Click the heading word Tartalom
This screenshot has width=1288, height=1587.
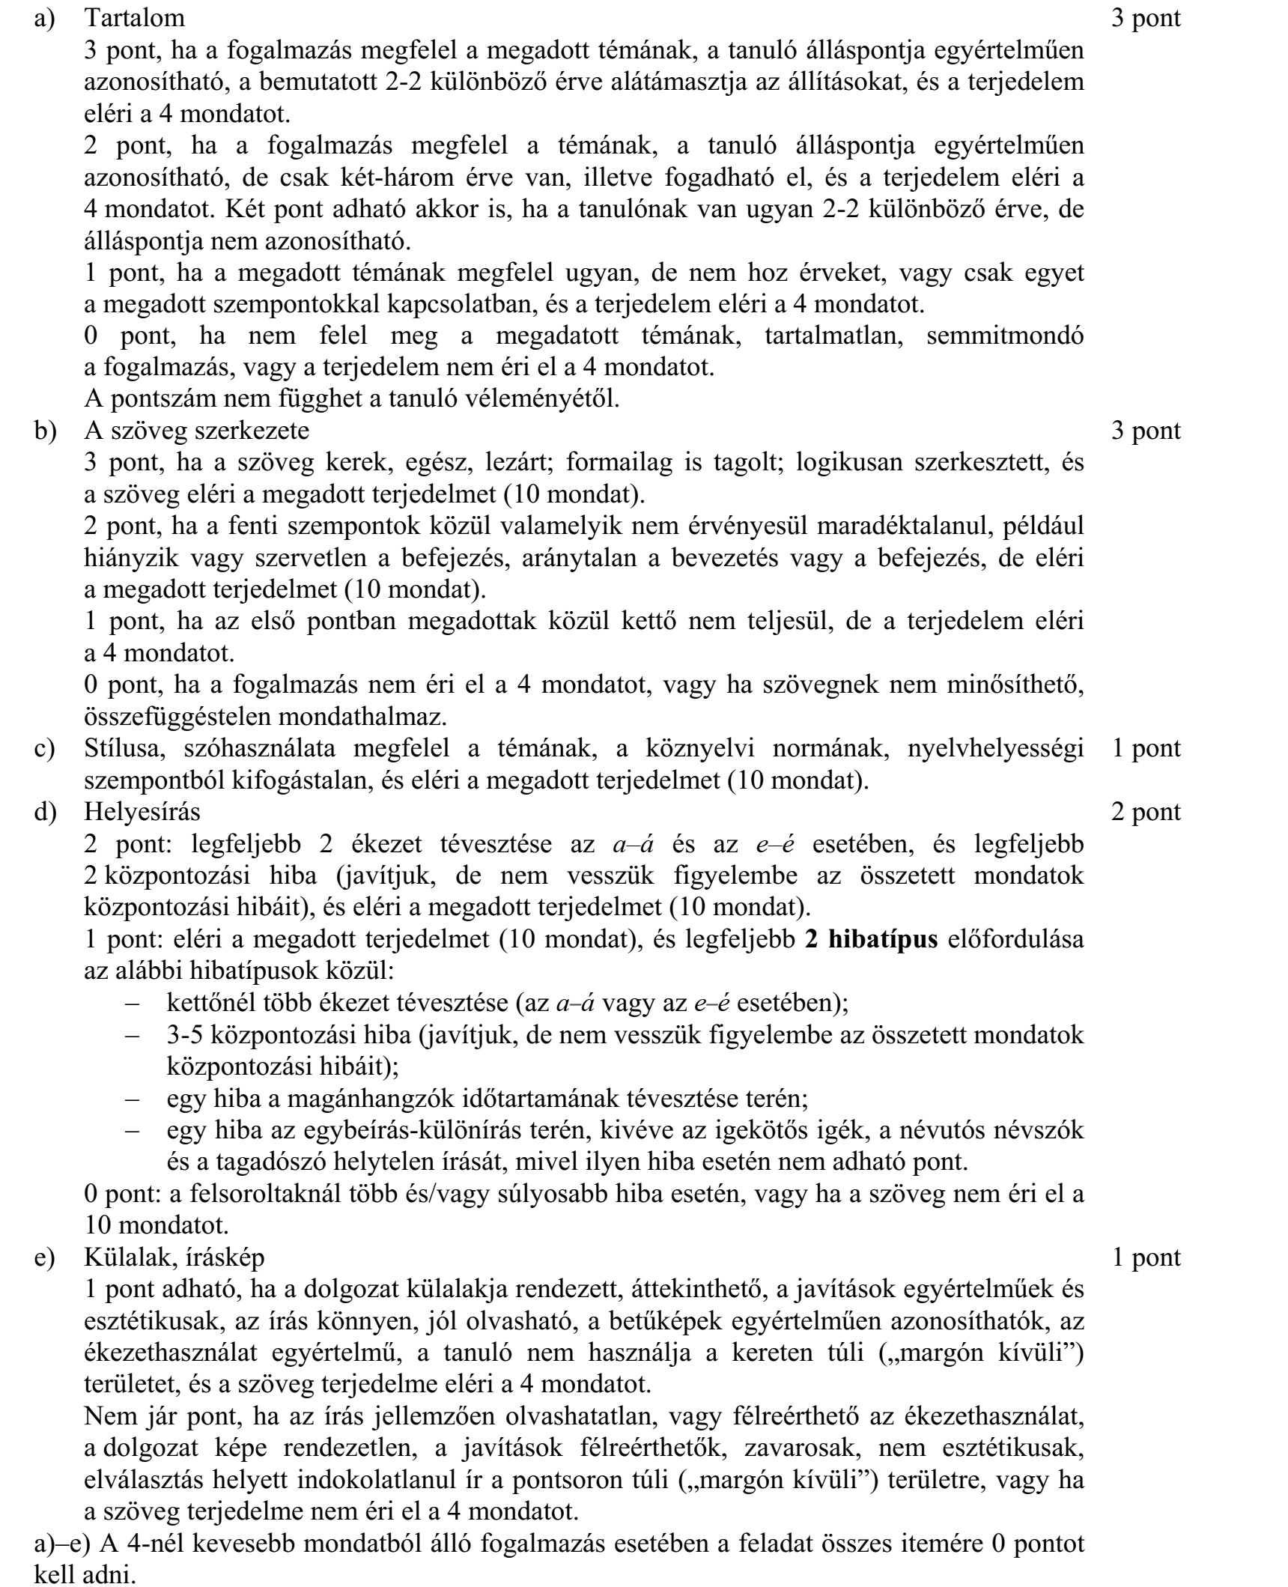(x=135, y=16)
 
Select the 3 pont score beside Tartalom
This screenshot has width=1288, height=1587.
(x=1146, y=16)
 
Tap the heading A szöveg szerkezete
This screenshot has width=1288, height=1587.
(x=196, y=431)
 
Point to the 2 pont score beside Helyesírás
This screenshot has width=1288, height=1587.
(x=1146, y=811)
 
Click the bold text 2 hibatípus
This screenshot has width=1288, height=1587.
(x=871, y=938)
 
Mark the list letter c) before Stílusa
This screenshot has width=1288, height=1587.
(x=46, y=748)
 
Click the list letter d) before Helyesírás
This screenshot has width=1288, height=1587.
(x=46, y=811)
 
